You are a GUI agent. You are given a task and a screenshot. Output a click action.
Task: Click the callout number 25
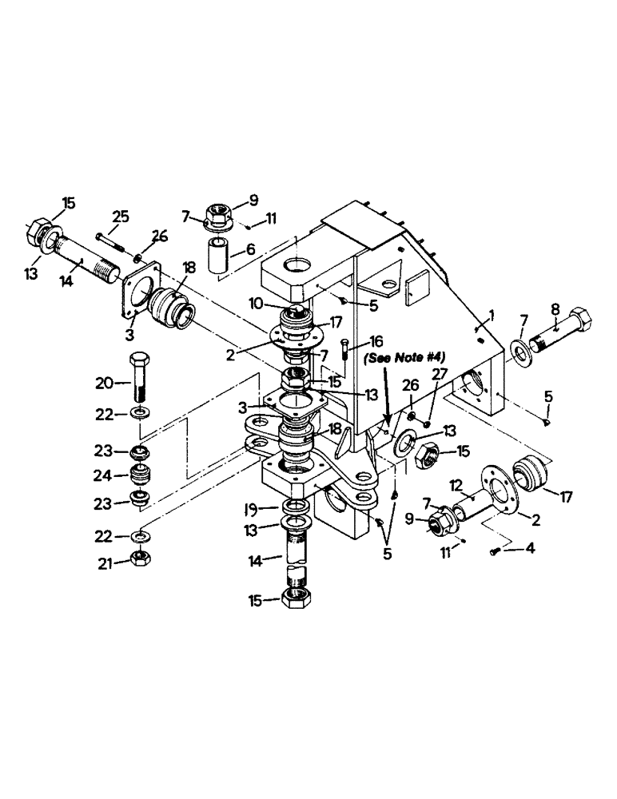pos(121,217)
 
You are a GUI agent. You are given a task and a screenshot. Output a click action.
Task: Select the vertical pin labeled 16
pos(344,350)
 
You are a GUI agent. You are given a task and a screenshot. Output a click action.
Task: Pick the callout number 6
pos(250,250)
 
